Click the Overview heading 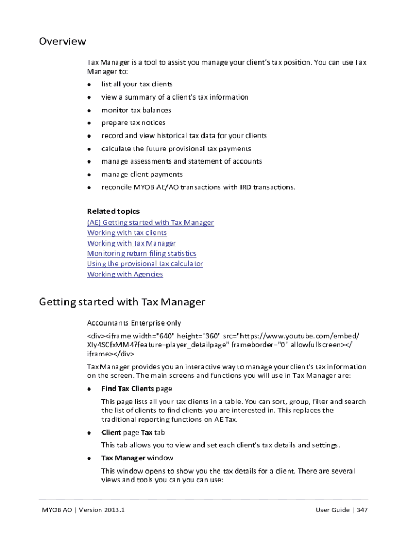62,41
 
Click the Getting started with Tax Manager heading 122,302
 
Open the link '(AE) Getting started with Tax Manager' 150,223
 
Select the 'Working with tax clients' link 127,233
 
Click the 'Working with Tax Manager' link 131,243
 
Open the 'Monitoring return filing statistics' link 141,254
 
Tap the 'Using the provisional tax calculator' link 145,264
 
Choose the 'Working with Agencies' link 125,274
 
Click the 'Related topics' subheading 113,211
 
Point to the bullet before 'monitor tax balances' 90,111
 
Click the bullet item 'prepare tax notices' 133,123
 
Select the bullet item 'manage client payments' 142,174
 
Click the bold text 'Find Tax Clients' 127,389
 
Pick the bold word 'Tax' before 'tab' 146,432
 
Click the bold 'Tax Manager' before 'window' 123,458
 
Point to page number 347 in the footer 362,510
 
